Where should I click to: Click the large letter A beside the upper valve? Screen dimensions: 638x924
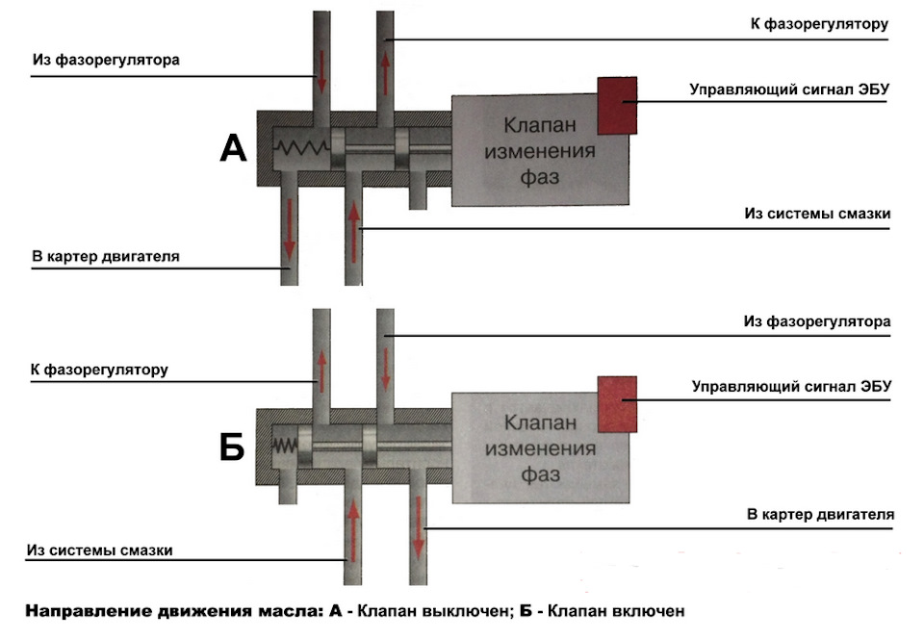(x=234, y=148)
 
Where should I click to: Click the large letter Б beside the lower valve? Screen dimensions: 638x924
(x=232, y=447)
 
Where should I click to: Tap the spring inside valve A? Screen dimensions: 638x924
(x=302, y=150)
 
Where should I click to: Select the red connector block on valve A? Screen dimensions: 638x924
(x=617, y=104)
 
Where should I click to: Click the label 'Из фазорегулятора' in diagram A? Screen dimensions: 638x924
(x=107, y=60)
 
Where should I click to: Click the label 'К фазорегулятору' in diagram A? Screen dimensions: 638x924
(x=818, y=24)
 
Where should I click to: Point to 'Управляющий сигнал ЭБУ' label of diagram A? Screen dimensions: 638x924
(x=788, y=89)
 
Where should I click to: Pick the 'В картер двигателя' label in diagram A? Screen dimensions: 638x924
(x=106, y=256)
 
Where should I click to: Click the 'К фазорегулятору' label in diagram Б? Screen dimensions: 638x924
(x=101, y=370)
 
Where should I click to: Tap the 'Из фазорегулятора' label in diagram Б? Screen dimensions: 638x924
(x=818, y=319)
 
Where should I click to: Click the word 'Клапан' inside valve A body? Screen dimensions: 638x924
(x=540, y=124)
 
